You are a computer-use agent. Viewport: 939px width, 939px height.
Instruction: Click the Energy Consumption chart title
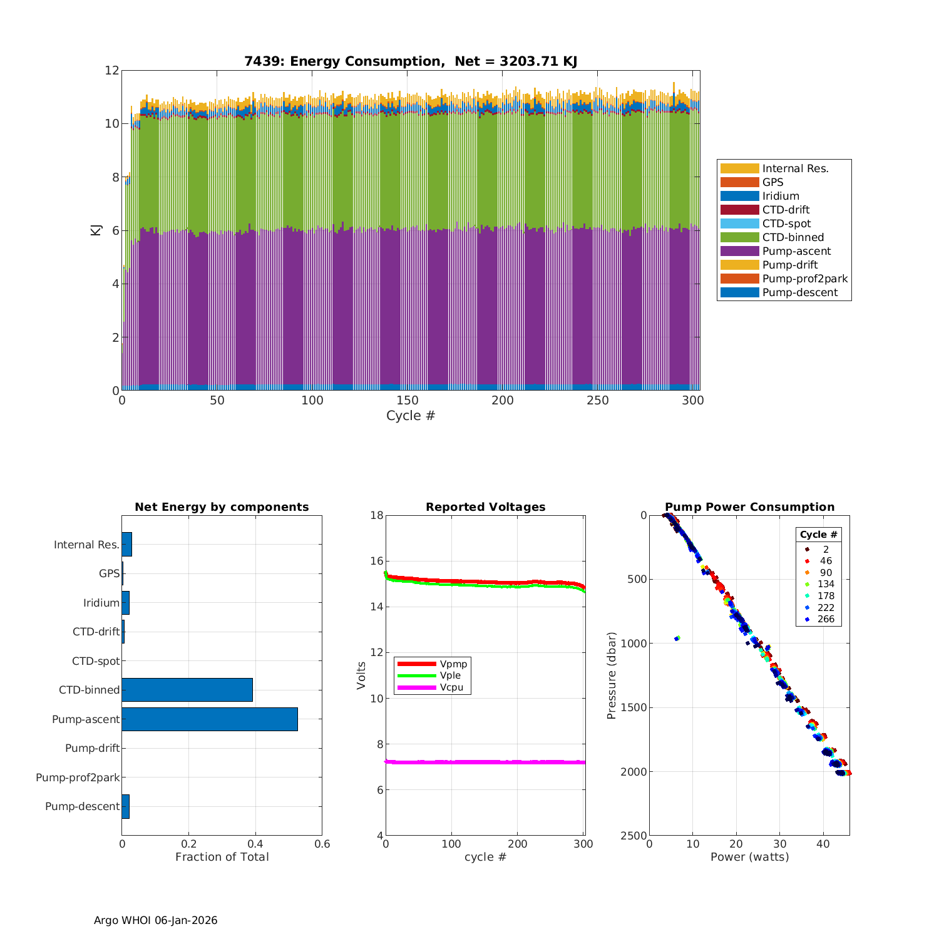tap(411, 61)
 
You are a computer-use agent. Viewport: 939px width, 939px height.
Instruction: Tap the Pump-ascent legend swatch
tap(739, 251)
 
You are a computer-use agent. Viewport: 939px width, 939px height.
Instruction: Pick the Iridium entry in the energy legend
tap(780, 196)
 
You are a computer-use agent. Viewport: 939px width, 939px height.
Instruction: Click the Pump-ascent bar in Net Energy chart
tap(210, 719)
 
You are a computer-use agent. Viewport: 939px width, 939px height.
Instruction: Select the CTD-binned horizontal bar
tap(187, 690)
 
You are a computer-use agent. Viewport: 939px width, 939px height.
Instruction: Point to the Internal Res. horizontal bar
tap(126, 545)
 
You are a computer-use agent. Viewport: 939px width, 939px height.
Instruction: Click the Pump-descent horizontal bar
tap(125, 806)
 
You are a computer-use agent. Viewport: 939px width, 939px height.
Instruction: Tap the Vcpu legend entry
tap(451, 687)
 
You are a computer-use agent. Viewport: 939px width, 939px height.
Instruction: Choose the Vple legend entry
tap(450, 675)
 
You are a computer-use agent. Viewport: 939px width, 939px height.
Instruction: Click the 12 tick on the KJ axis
tap(111, 70)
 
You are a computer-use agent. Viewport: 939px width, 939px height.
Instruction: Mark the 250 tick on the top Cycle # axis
tap(597, 401)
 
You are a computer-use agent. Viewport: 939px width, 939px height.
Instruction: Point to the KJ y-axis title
tap(96, 230)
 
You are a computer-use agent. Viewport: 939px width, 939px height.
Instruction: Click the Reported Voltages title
tap(485, 507)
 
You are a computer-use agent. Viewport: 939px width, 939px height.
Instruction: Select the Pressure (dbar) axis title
tap(612, 675)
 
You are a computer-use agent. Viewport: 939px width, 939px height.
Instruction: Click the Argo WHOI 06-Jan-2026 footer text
tap(155, 920)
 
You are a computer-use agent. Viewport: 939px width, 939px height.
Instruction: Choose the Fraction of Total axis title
tap(222, 857)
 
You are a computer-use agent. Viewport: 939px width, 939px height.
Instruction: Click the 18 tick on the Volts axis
tap(376, 515)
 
